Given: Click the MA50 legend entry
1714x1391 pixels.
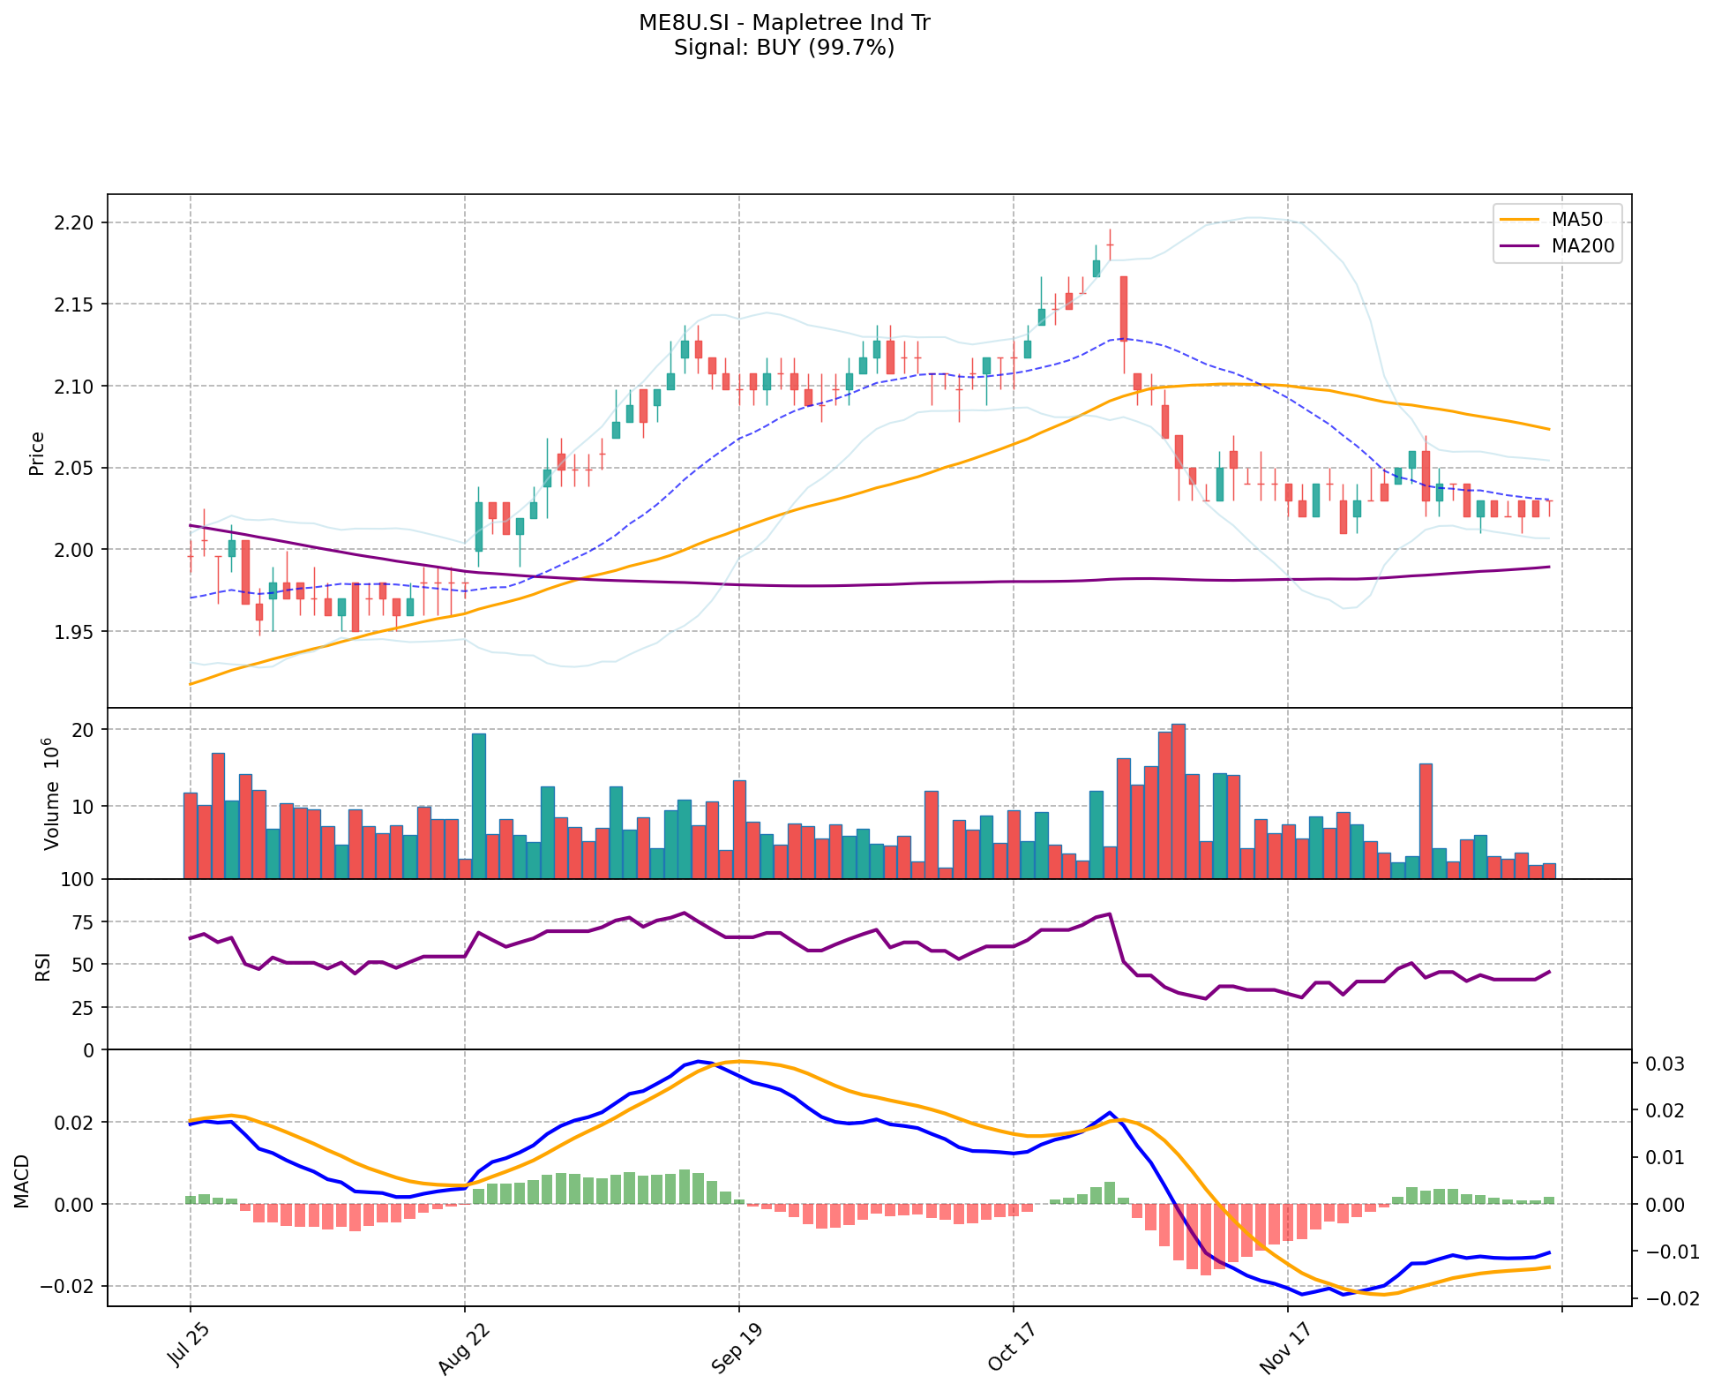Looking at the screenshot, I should click(x=1576, y=220).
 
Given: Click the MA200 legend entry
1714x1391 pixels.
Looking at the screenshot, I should click(x=1583, y=246).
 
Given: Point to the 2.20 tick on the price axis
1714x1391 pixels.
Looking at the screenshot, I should click(x=75, y=222).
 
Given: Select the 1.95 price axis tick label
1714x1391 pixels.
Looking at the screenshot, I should click(x=75, y=632).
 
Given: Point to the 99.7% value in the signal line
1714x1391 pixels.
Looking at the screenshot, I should click(x=859, y=48).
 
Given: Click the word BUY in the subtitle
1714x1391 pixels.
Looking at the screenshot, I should click(x=777, y=48).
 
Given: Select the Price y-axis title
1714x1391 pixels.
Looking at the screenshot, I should click(x=37, y=454).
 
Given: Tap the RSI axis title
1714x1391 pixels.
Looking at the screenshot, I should click(x=42, y=966).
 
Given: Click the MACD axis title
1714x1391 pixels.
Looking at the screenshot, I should click(x=23, y=1181).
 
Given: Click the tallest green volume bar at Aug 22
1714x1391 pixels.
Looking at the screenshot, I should click(x=479, y=806).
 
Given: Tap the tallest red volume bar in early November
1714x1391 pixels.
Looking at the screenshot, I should click(x=1179, y=801).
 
